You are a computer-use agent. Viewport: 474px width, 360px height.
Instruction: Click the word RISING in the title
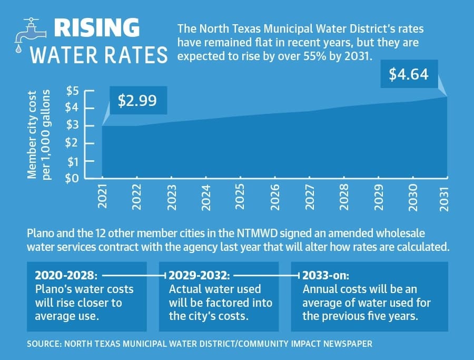(97, 28)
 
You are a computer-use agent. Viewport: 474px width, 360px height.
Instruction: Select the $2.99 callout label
(137, 101)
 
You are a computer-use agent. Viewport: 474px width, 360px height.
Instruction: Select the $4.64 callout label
(409, 74)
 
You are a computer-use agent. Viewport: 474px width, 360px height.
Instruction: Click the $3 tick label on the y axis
(72, 124)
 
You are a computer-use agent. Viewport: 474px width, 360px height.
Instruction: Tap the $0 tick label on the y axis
(72, 178)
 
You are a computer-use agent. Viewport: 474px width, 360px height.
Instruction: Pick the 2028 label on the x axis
(344, 197)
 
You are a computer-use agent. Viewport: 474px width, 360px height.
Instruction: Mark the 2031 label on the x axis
(444, 199)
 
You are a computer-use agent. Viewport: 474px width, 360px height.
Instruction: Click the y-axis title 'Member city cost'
(32, 134)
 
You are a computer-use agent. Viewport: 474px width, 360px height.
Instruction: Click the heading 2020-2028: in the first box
(66, 276)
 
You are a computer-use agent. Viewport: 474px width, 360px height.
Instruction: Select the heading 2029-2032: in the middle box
(199, 276)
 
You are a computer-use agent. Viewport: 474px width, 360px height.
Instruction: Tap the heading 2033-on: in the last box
(326, 276)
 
